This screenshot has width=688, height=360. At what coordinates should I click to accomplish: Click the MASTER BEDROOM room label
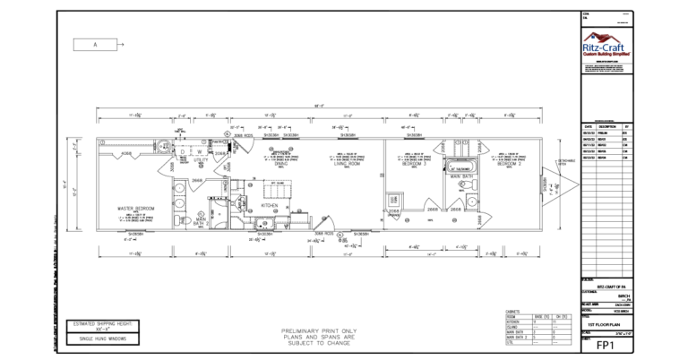point(136,208)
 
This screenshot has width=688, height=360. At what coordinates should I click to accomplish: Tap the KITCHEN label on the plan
point(270,205)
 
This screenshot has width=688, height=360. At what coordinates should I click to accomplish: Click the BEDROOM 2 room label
point(509,164)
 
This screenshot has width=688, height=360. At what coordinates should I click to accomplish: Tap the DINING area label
point(280,164)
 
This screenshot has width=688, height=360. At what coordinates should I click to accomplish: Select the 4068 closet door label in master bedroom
point(126,154)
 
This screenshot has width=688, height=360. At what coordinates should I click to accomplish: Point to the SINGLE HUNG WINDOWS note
point(100,339)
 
